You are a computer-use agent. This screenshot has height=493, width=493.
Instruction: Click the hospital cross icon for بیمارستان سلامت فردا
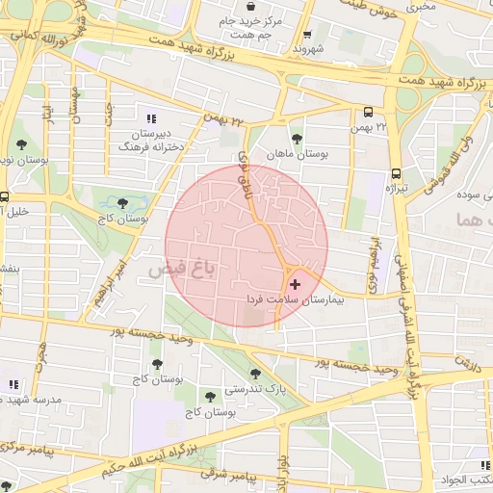[x=294, y=285]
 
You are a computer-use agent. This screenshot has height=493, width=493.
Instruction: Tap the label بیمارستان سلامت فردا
[x=295, y=300]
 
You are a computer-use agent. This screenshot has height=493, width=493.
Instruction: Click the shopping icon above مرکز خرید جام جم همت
[x=251, y=6]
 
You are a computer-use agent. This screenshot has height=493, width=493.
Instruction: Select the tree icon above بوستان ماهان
[x=296, y=138]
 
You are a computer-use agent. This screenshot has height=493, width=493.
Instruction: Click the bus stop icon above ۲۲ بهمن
[x=369, y=111]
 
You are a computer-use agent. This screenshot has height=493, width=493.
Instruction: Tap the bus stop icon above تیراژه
[x=396, y=174]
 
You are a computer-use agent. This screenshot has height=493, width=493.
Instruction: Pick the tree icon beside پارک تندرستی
[x=255, y=374]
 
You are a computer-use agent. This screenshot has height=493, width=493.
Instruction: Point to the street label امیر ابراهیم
[x=111, y=278]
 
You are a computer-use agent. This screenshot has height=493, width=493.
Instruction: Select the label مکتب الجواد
[x=471, y=479]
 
